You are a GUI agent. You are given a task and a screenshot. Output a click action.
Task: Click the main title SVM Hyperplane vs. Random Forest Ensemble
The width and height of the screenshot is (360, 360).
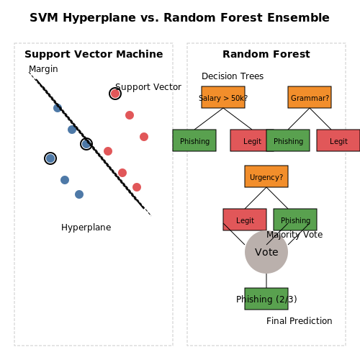coord(179,18)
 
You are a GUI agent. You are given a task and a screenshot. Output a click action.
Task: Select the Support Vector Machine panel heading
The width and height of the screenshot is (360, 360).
coord(94,54)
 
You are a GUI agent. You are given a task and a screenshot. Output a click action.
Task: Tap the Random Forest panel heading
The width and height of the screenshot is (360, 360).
coord(266,54)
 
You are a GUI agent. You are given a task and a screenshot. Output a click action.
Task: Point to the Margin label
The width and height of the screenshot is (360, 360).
coord(43,69)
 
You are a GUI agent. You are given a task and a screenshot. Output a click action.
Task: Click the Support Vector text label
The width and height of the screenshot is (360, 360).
coord(148,87)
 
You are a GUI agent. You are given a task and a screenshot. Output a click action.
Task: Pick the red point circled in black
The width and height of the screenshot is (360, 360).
coord(115,94)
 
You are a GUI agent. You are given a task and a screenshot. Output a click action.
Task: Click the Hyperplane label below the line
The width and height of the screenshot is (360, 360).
coord(86,228)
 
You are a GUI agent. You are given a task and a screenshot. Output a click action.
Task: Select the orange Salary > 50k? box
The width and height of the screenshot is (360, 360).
coord(223,97)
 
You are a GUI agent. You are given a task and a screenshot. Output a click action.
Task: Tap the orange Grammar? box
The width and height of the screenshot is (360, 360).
coord(310,97)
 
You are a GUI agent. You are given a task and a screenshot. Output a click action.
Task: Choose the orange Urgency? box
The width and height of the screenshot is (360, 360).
coord(266,176)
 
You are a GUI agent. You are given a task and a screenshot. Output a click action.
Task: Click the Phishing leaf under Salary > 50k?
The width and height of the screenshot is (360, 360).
coord(194,140)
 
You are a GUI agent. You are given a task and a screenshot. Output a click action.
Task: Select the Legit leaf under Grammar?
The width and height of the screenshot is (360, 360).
coord(338,140)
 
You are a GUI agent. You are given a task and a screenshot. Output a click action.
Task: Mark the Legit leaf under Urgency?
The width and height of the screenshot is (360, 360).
coord(245,220)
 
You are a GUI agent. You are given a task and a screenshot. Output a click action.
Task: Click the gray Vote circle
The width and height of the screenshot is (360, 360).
coord(266,252)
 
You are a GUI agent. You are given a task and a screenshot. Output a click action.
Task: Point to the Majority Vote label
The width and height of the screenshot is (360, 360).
coord(294,235)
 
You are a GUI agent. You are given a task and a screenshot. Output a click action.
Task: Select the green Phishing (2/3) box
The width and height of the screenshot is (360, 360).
coord(266,299)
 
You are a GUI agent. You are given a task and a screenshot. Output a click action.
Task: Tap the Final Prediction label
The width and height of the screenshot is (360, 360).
coord(300,321)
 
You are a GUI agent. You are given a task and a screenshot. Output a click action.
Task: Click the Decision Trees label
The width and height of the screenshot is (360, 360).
coord(233,76)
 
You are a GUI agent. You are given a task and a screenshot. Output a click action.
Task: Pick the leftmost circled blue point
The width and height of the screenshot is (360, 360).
coord(50,158)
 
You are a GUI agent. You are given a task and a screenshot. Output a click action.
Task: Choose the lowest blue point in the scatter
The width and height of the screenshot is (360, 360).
coord(79,194)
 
